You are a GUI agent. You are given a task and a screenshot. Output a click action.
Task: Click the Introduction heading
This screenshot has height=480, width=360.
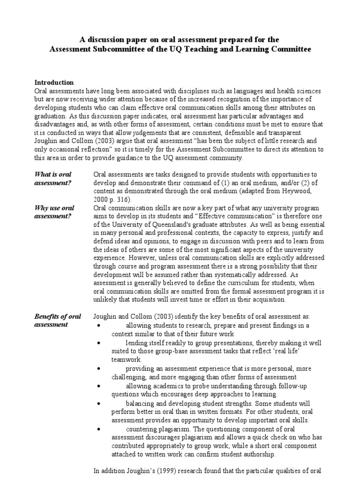click(x=54, y=82)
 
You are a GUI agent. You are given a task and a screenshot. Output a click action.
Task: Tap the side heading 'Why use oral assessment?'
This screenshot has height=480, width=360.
click(x=54, y=211)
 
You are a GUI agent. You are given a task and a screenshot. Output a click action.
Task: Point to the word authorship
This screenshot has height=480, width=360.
click(x=258, y=455)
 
